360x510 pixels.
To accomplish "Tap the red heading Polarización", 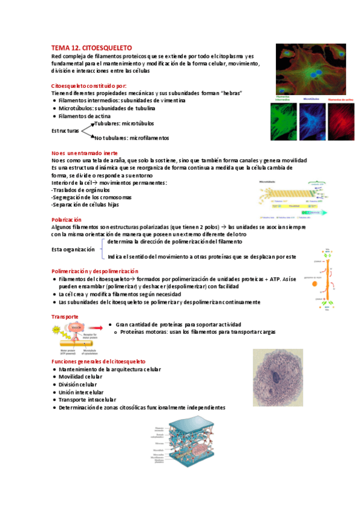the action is tap(67, 220).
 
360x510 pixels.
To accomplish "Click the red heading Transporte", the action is tap(65, 316).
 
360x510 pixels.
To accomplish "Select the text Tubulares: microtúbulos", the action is tap(124, 123).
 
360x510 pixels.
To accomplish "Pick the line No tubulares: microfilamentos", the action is tap(132, 138).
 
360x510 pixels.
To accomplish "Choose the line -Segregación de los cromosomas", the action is tap(91, 197).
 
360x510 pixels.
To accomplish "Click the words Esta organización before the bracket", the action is tap(73, 249).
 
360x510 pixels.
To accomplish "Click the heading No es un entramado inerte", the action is tap(85, 153).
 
